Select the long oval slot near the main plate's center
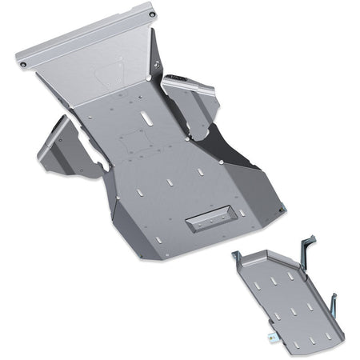(x=148, y=120)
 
